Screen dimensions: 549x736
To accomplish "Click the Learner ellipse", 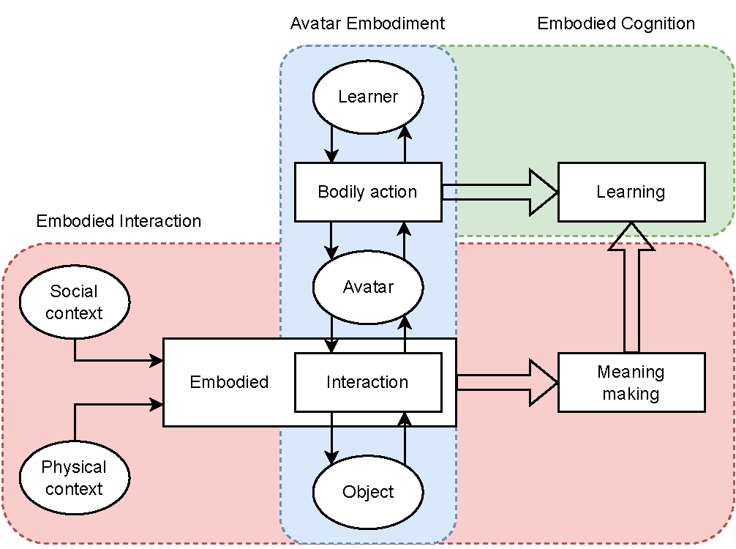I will coord(368,97).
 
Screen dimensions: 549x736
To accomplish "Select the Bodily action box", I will coord(368,192).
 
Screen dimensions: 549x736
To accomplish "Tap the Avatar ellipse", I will coord(368,287).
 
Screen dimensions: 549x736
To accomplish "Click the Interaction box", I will coord(368,382).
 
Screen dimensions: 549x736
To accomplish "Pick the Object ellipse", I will coord(368,492).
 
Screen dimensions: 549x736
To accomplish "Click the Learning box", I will coord(631,192).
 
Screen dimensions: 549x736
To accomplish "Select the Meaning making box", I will coord(631,382).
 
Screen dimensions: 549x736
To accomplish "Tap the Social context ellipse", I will coord(74,302).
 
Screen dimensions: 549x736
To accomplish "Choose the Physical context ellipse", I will coord(74,478).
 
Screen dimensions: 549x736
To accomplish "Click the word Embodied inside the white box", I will coord(229,382).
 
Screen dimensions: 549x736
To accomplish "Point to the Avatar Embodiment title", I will coord(367,23).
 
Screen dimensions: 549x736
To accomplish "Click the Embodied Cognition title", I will coord(616,23).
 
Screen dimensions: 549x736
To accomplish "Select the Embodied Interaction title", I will coord(119,221).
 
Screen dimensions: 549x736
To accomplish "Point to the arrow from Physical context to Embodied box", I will coord(110,404).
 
